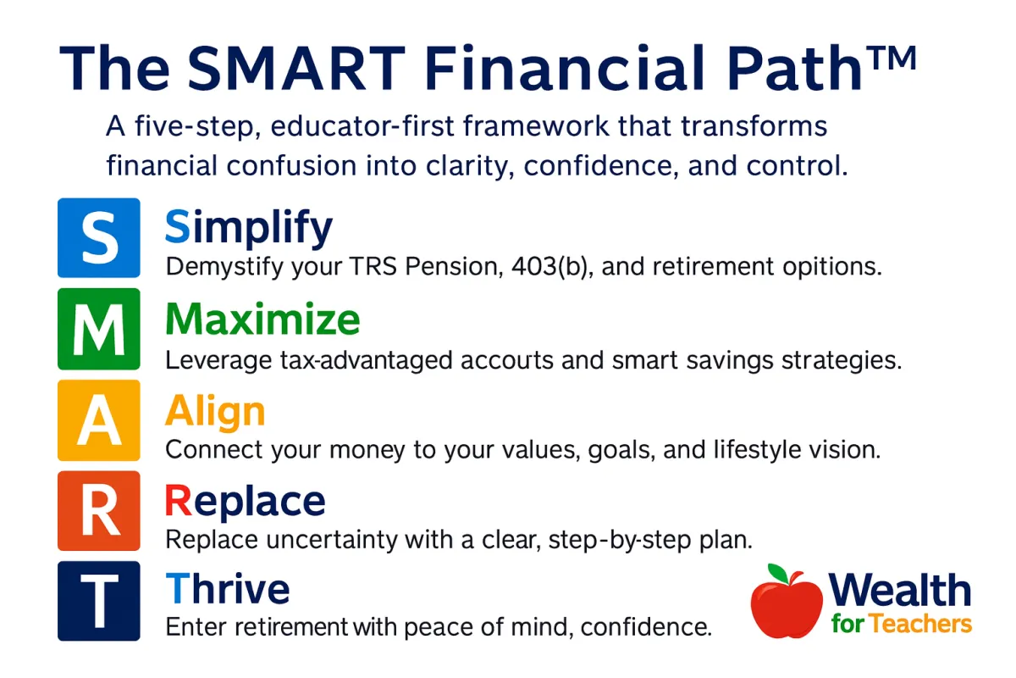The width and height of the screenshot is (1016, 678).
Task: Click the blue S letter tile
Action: click(x=99, y=238)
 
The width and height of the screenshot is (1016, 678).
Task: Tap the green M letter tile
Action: click(x=99, y=329)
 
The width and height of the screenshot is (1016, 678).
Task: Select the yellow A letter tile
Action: click(x=99, y=420)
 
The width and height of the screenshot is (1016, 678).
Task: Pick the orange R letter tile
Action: click(x=99, y=511)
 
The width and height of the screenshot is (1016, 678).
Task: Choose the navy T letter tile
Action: click(x=99, y=601)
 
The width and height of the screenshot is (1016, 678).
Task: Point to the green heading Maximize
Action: click(x=262, y=319)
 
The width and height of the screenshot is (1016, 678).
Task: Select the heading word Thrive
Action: click(x=228, y=589)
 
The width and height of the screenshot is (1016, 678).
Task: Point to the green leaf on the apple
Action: click(x=778, y=572)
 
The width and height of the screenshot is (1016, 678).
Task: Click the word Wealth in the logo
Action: click(x=900, y=590)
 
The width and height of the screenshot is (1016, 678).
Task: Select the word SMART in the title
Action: click(x=296, y=69)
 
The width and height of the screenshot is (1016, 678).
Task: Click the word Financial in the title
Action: click(x=565, y=69)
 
